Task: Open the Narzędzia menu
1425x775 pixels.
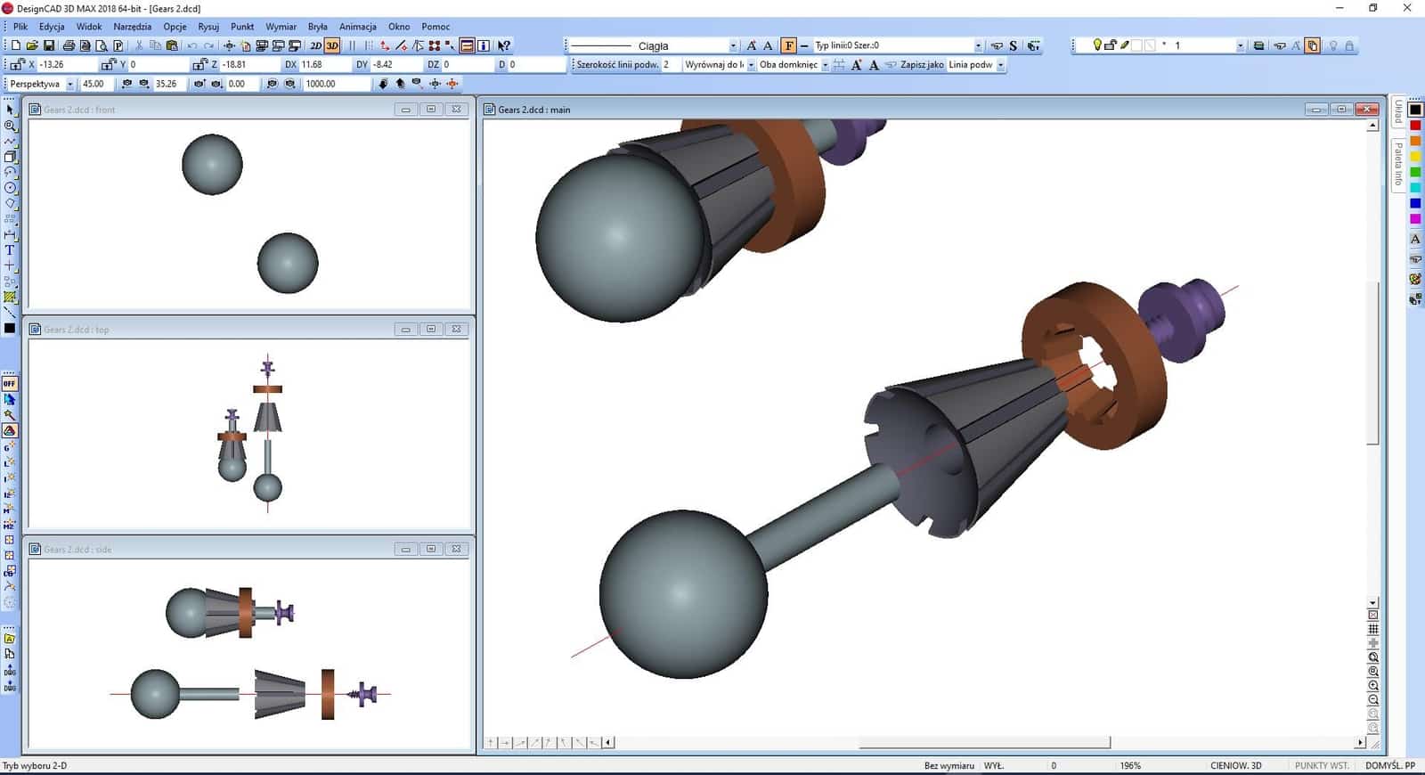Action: [x=132, y=27]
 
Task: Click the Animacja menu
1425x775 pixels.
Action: [x=357, y=27]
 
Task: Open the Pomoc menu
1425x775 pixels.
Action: [x=436, y=27]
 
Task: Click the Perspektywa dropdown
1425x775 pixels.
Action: [x=41, y=84]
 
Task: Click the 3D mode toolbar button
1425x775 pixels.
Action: [x=332, y=45]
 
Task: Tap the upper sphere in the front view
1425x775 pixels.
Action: [x=212, y=165]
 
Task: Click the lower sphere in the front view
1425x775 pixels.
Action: [x=288, y=263]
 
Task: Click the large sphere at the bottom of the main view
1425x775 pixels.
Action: [x=683, y=593]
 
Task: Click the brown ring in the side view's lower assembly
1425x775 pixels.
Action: [x=328, y=694]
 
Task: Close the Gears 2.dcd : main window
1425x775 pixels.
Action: [x=1366, y=110]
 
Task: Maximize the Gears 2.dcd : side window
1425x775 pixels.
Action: [x=431, y=549]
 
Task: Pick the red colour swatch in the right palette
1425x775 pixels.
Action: [x=1415, y=126]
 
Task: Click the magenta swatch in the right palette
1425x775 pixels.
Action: [x=1415, y=218]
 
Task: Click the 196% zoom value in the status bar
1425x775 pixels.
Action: [x=1130, y=765]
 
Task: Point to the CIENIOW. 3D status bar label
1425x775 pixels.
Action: [x=1235, y=765]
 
